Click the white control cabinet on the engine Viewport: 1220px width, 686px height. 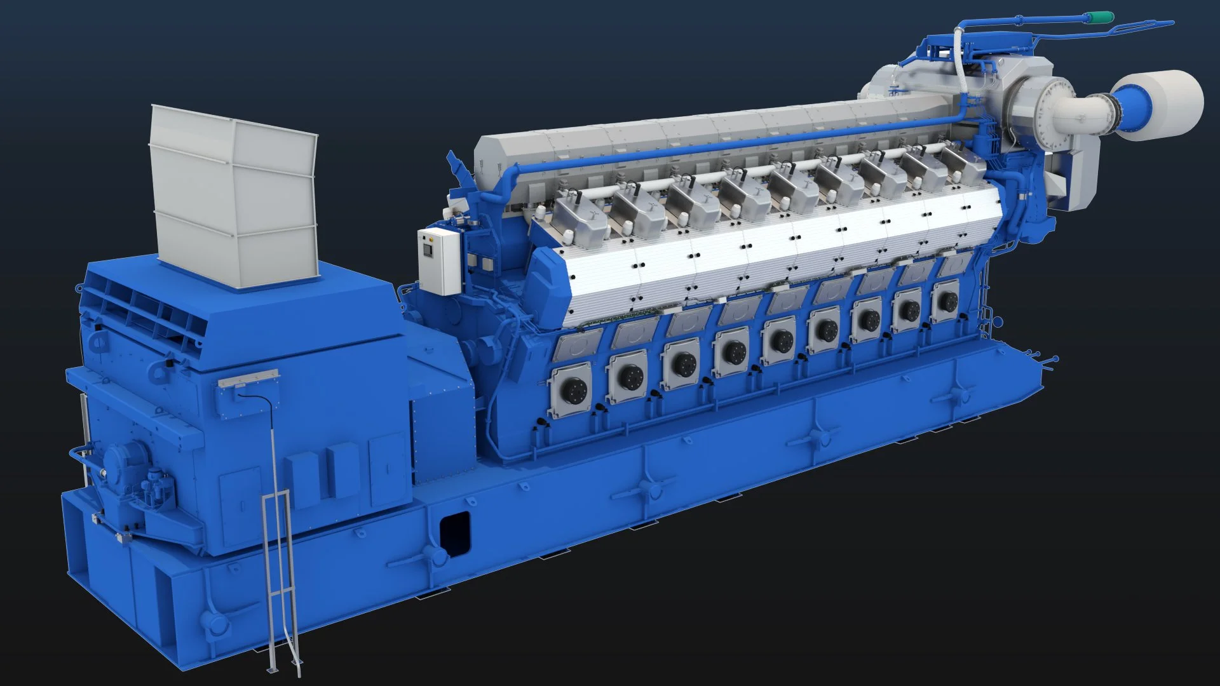pos(438,260)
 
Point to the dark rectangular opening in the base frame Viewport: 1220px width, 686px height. pos(455,532)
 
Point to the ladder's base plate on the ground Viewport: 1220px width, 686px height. pos(273,668)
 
